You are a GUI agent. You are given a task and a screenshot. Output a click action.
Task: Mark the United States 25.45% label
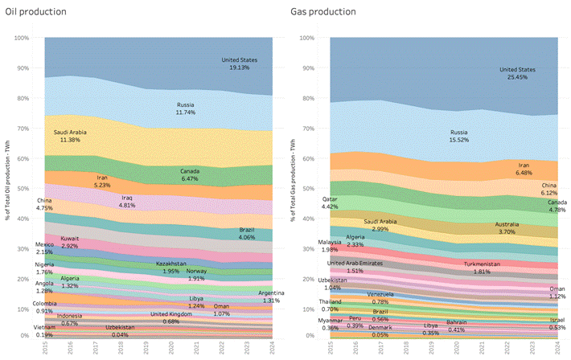[x=516, y=73]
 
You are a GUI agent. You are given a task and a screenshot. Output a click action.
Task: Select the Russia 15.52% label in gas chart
[x=459, y=136]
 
